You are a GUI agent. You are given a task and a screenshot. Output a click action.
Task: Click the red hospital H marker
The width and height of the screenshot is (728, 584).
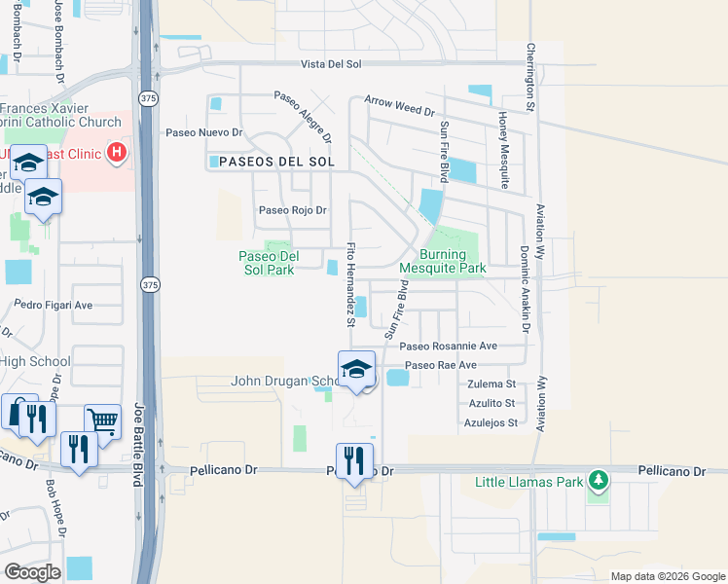(x=117, y=152)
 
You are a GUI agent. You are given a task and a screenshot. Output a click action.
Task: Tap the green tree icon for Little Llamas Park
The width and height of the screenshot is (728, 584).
(x=599, y=481)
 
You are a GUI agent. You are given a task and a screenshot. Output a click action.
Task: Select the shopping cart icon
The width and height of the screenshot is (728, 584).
(x=101, y=420)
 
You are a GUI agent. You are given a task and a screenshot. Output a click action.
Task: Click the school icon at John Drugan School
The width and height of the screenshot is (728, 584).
(x=357, y=369)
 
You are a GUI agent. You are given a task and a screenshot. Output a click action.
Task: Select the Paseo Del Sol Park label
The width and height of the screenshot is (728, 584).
(x=267, y=263)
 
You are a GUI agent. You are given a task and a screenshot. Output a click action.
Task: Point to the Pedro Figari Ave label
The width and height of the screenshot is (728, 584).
(x=54, y=305)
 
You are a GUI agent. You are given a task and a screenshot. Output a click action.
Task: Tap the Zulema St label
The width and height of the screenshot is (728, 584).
(x=490, y=384)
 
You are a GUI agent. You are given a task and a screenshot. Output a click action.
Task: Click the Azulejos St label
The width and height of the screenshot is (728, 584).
(x=490, y=422)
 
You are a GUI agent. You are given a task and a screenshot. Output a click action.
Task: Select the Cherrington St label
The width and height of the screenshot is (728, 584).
(x=531, y=74)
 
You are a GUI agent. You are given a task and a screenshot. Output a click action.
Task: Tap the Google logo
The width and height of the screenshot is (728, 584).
(x=32, y=572)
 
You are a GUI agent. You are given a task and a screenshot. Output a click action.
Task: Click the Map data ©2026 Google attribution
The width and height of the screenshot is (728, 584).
(x=667, y=576)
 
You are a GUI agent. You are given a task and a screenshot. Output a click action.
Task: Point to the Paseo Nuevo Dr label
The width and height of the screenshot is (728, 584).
(x=203, y=132)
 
